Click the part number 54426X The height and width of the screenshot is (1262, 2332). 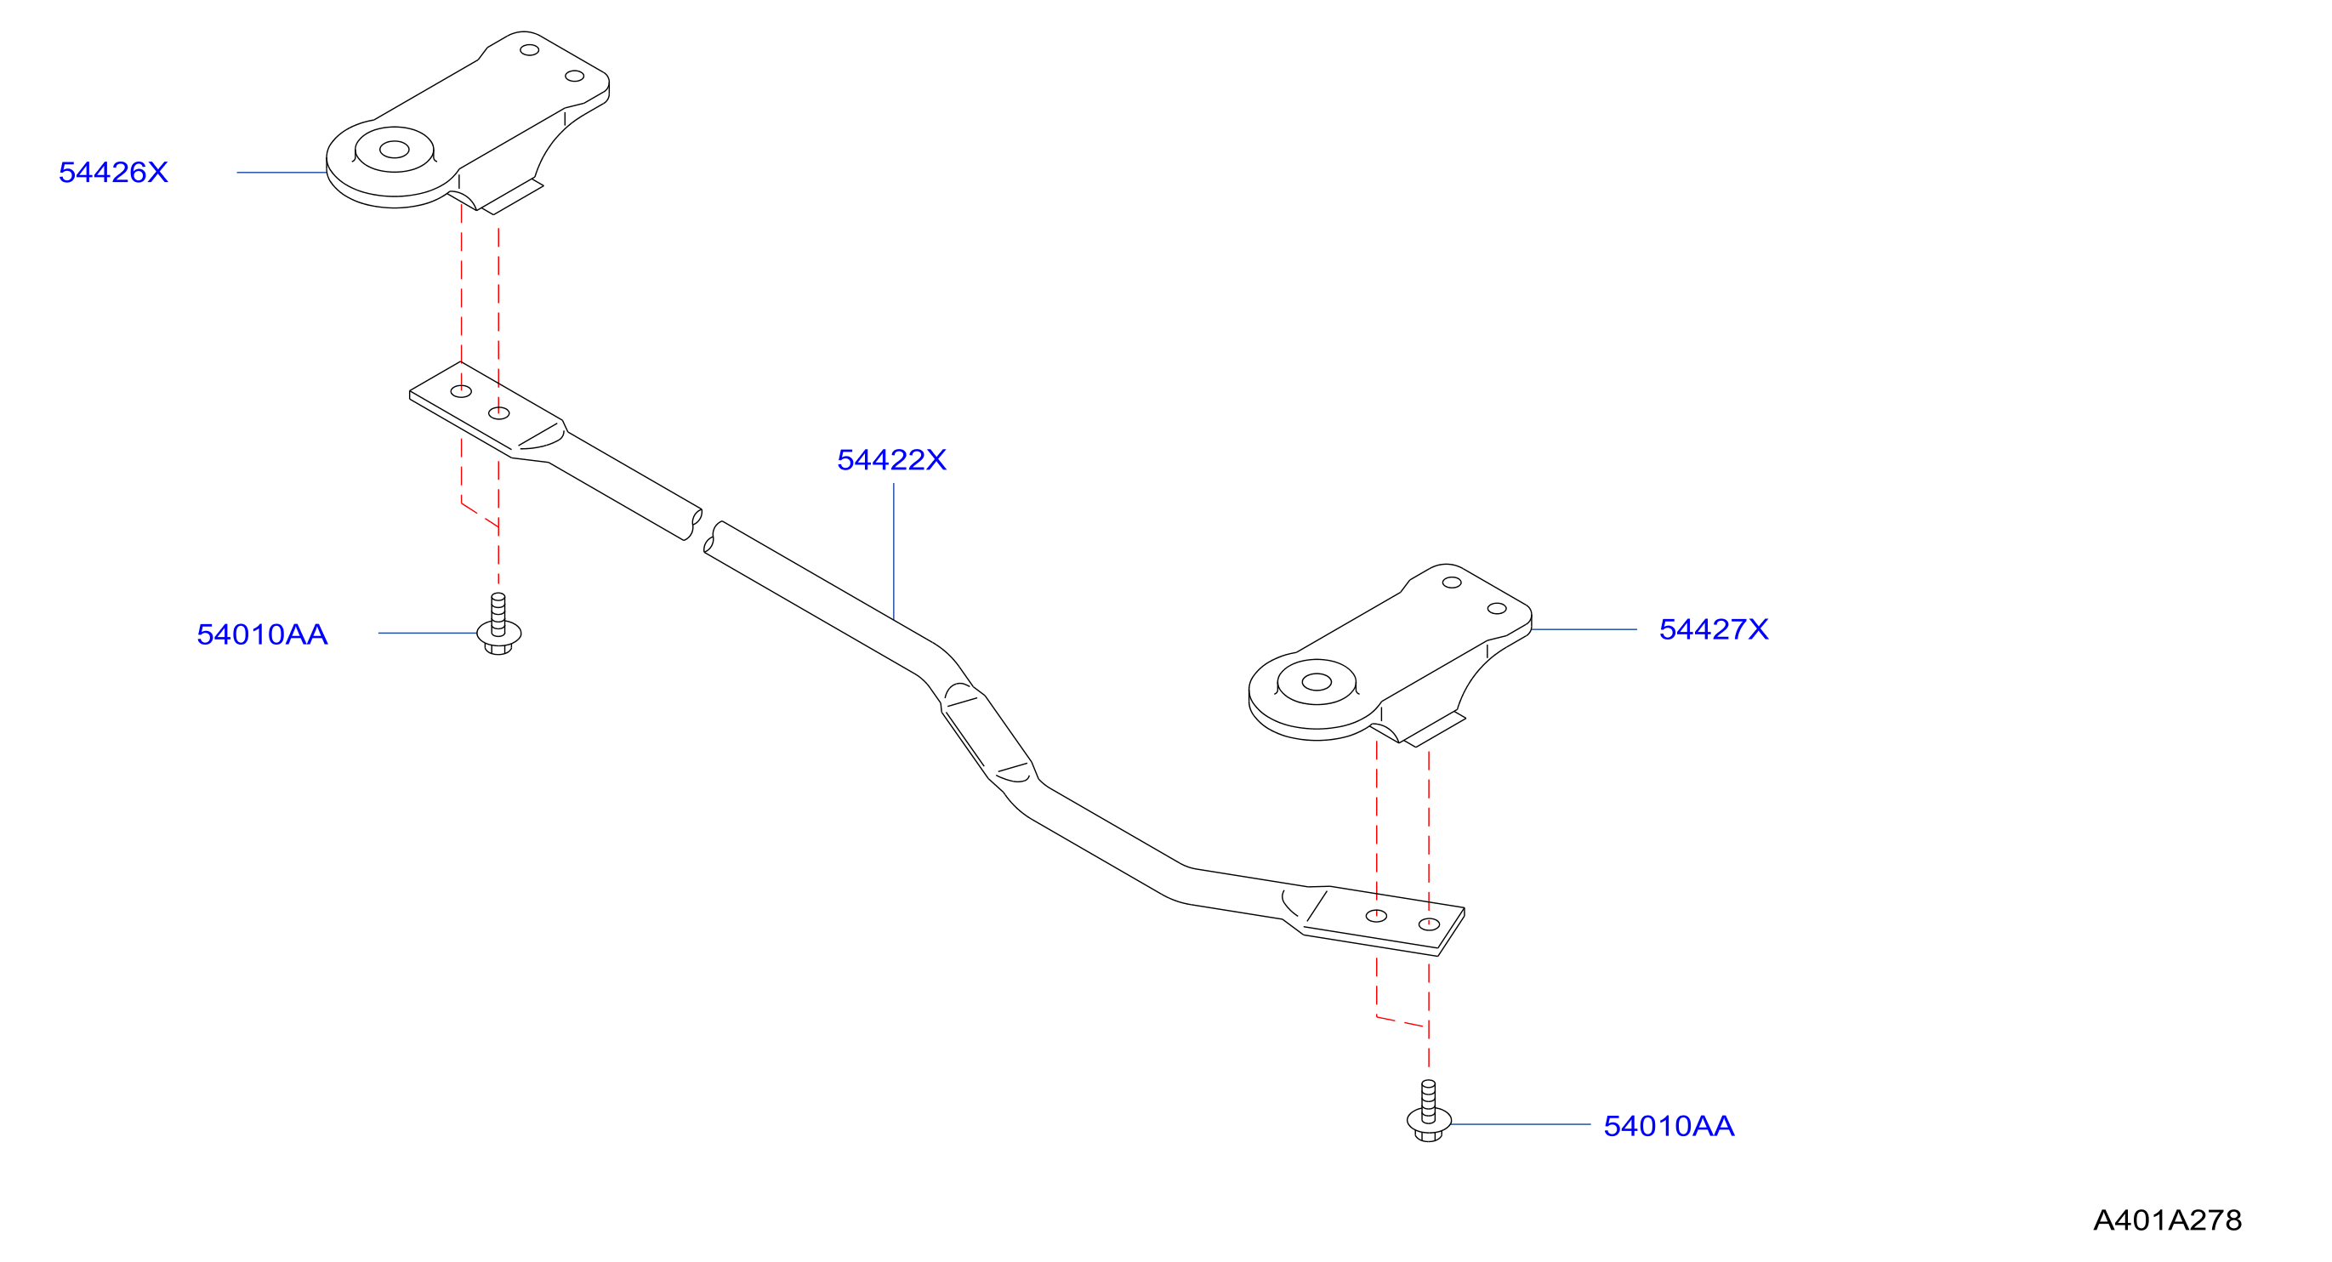coord(113,172)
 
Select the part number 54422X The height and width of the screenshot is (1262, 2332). coord(891,460)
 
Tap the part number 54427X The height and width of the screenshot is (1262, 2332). coord(1714,629)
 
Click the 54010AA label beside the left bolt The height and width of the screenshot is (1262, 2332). coord(263,634)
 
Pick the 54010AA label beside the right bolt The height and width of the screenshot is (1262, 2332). coord(1669,1125)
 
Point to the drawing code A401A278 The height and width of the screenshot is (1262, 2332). coord(2167,1220)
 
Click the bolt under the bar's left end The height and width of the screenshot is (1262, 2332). coord(498,625)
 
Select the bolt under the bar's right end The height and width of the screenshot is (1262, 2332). coord(1429,1111)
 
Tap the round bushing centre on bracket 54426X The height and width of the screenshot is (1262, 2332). coord(394,150)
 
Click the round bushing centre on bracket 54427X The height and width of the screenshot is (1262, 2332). coord(1317,682)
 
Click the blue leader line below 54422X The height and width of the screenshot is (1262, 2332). coord(894,551)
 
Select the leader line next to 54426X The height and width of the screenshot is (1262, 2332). coord(282,172)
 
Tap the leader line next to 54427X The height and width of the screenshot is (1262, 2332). coord(1584,629)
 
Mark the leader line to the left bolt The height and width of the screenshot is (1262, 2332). coord(427,633)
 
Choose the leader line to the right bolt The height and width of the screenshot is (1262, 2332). coord(1521,1124)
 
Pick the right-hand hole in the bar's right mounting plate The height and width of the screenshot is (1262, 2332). coord(1429,924)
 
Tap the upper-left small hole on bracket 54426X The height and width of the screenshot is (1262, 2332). coord(530,50)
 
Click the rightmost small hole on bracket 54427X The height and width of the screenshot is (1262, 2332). coord(1497,608)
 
